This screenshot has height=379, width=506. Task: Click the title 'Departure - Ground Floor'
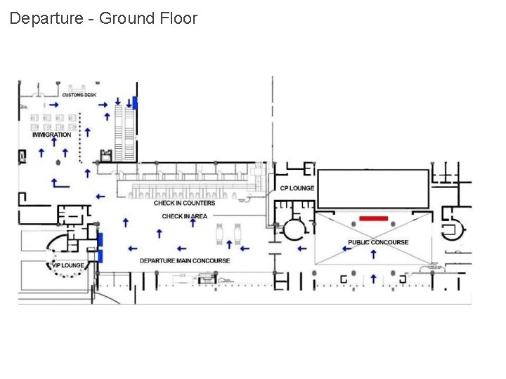click(x=103, y=18)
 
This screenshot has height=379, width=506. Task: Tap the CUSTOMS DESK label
click(x=79, y=95)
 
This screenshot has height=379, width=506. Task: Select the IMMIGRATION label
click(x=51, y=134)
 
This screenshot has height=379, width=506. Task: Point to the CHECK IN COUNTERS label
click(x=184, y=203)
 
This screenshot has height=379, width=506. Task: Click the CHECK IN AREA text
click(x=184, y=216)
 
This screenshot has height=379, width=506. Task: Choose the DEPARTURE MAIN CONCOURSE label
click(x=184, y=260)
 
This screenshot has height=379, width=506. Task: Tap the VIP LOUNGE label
click(x=67, y=265)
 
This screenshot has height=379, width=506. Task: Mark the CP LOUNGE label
click(x=297, y=188)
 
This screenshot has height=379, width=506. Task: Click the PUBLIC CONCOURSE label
click(x=377, y=242)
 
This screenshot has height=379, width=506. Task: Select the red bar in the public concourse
click(x=373, y=218)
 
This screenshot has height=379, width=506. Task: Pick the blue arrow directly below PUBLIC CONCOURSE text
click(x=373, y=254)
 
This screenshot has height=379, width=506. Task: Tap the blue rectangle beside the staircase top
click(x=136, y=104)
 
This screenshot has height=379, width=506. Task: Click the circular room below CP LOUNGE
click(x=294, y=228)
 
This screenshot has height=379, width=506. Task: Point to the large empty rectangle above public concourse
click(x=372, y=188)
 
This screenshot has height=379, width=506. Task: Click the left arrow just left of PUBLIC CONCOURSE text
click(x=346, y=248)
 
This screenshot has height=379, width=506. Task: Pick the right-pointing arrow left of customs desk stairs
click(x=103, y=105)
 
